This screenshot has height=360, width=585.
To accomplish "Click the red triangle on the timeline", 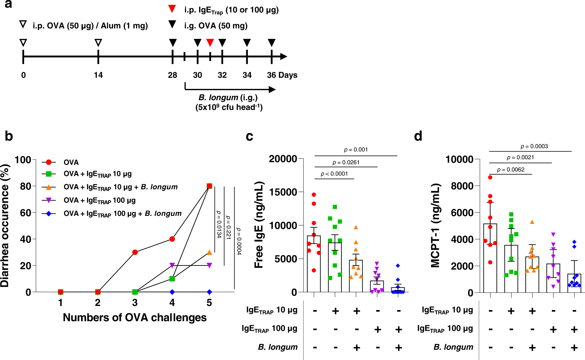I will [x=210, y=43].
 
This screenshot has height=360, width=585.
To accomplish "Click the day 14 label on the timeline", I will [x=98, y=75].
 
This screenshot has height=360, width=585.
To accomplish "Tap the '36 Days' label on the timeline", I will [x=282, y=75].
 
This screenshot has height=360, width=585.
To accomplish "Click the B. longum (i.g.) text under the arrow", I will [x=228, y=98].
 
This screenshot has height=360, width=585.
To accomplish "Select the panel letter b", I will [x=9, y=136].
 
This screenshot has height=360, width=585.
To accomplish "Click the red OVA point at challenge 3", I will [x=135, y=252].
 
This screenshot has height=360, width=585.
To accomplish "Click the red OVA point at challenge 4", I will [x=172, y=239].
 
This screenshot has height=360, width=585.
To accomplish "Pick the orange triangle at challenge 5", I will [x=209, y=252].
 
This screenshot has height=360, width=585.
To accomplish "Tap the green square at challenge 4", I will [x=172, y=279].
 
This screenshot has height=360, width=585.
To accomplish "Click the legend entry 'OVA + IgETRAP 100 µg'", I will [x=100, y=200].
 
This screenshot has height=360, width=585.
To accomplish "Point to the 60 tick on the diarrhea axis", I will [x=25, y=213].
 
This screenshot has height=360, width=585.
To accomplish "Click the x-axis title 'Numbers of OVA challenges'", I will [x=135, y=317].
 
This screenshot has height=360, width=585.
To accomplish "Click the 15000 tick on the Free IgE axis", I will [x=283, y=192].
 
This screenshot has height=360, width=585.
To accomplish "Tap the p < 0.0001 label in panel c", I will [x=334, y=174].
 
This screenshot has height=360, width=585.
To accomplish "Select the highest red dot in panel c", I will [x=314, y=194].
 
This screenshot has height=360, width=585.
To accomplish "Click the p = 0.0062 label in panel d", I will [x=511, y=170].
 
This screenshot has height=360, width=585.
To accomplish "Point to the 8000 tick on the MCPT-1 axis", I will [x=462, y=186].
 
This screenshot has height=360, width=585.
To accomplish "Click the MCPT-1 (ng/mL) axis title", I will [x=435, y=225].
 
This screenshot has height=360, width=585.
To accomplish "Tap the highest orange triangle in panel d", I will [x=532, y=222].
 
